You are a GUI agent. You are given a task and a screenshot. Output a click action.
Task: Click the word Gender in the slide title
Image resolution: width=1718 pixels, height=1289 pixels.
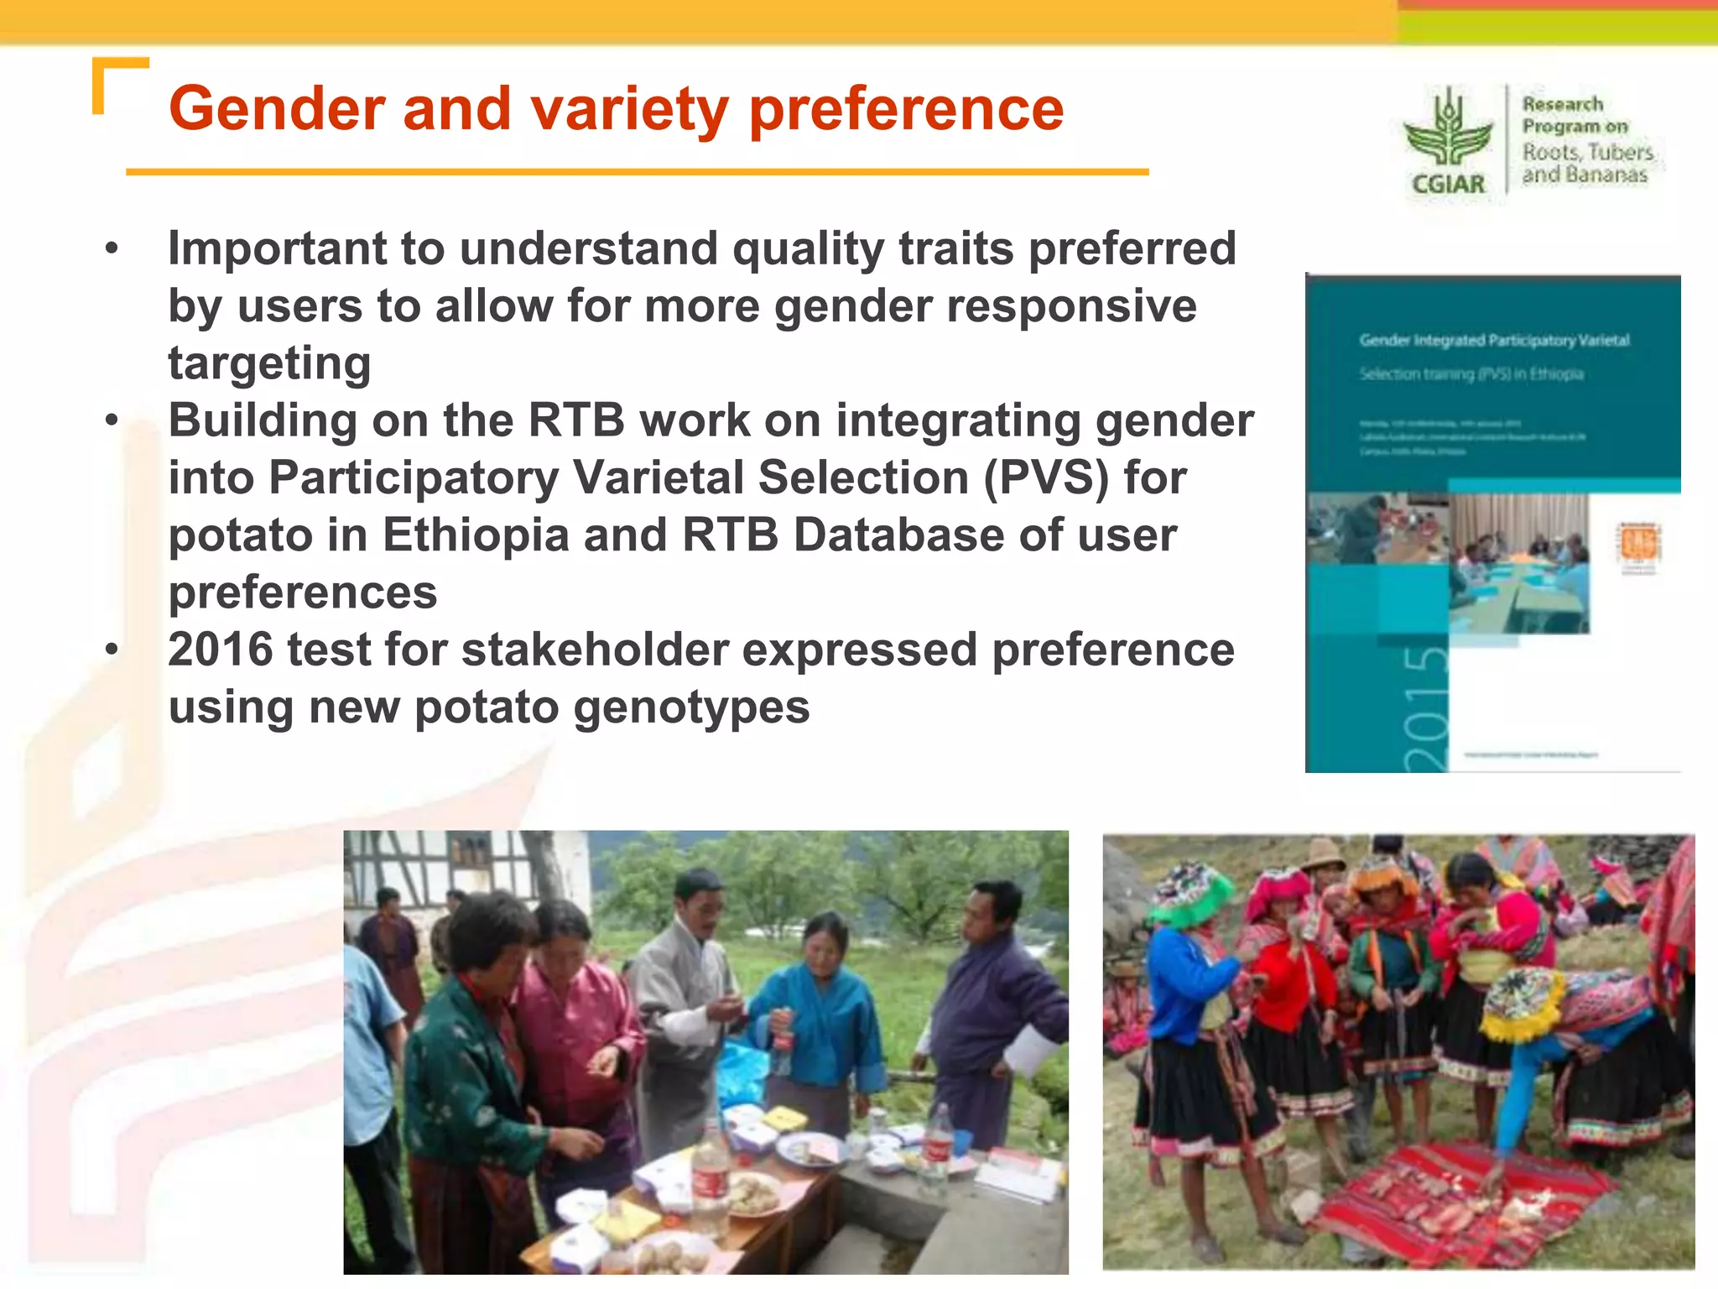[x=277, y=109]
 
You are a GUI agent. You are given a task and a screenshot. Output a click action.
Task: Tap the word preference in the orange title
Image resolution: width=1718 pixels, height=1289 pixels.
[x=906, y=109]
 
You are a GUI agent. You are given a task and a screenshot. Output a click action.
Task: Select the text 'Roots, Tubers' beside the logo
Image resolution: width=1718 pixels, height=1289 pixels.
[x=1587, y=153]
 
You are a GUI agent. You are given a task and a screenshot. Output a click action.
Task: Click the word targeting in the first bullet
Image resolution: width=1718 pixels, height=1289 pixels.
[x=269, y=363]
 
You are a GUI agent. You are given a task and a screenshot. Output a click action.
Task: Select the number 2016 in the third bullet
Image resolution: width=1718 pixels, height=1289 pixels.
[x=220, y=650]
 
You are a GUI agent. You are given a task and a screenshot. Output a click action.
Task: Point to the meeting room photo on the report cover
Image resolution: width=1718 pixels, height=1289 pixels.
[x=1518, y=562]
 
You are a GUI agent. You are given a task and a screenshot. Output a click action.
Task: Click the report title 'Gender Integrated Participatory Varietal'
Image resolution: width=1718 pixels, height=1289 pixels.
[x=1494, y=341]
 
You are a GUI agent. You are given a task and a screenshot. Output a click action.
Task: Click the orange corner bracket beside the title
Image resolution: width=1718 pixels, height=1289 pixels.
[x=117, y=80]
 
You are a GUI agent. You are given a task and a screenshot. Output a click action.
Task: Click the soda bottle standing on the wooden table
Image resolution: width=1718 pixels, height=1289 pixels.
[x=711, y=1175]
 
